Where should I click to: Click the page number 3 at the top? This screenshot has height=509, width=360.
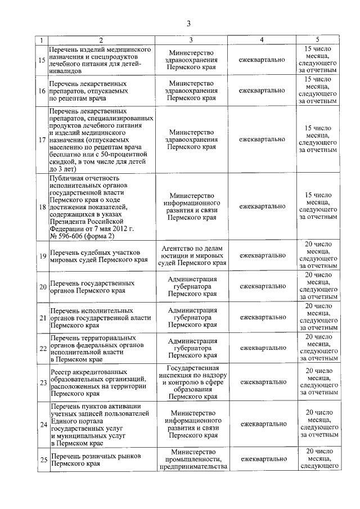pyautogui.click(x=188, y=23)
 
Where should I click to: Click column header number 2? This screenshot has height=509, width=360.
pyautogui.click(x=100, y=40)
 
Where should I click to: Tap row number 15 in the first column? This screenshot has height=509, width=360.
pyautogui.click(x=42, y=60)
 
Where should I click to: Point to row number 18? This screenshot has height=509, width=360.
pyautogui.click(x=42, y=206)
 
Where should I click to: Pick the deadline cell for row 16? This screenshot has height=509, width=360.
pyautogui.click(x=318, y=90)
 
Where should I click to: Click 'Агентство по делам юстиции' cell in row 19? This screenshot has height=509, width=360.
pyautogui.click(x=192, y=255)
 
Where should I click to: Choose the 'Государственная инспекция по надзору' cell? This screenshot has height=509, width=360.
pyautogui.click(x=192, y=382)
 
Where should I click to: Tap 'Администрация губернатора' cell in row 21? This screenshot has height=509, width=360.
pyautogui.click(x=192, y=317)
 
